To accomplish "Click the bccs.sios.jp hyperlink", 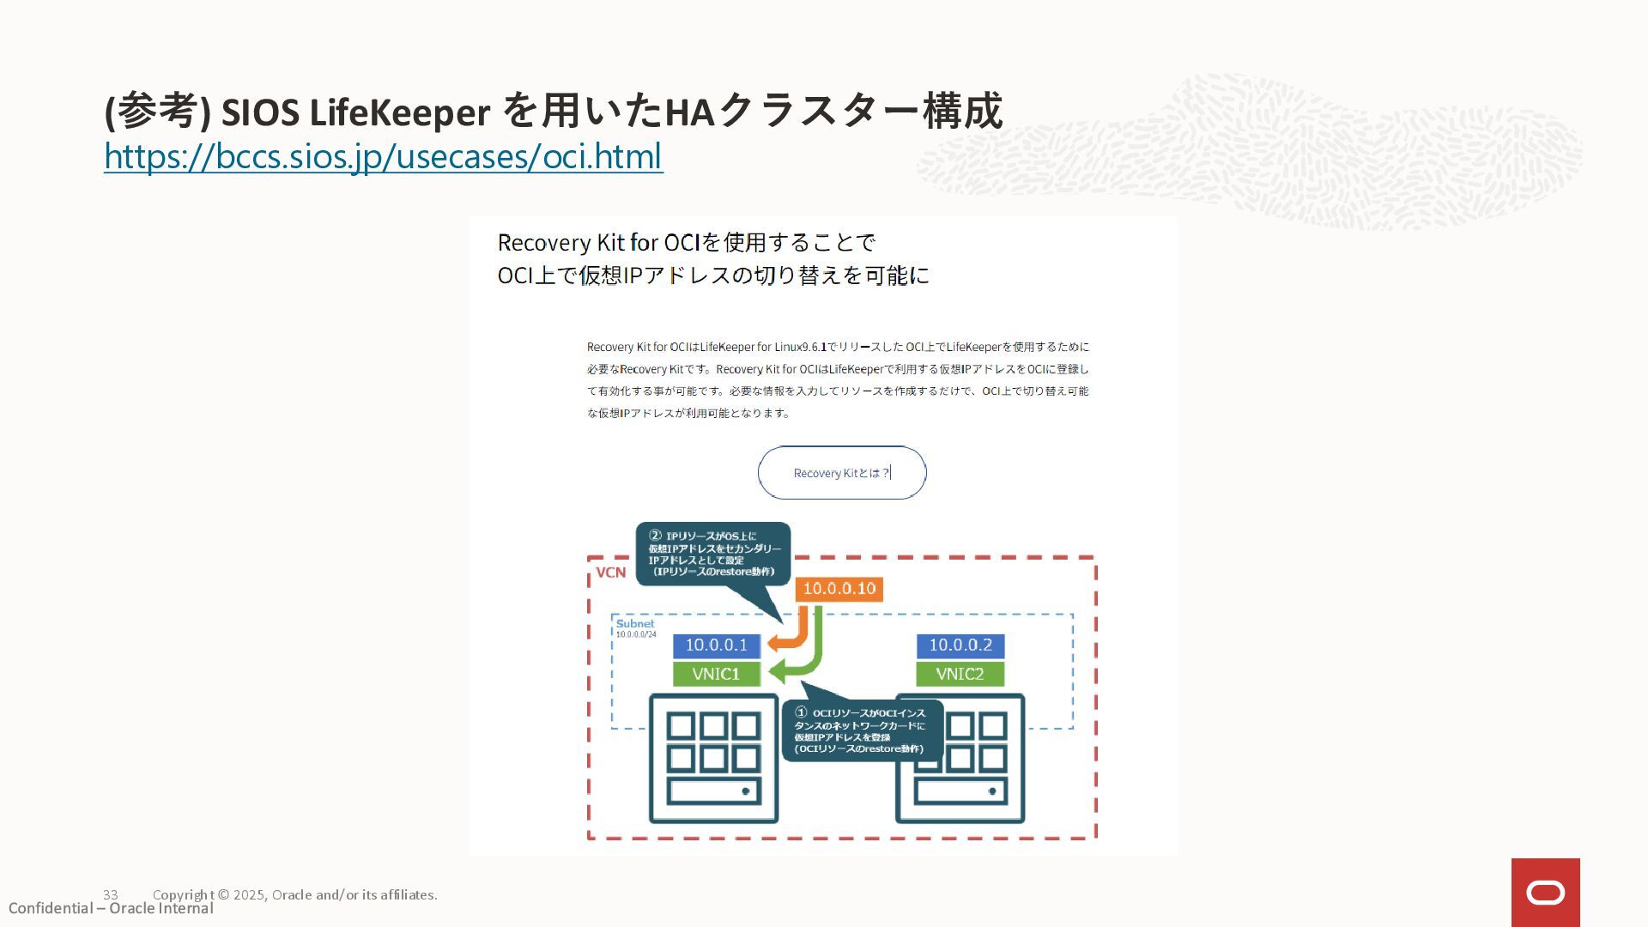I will point(383,156).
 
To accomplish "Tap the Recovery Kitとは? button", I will point(841,473).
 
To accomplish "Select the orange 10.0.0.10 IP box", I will point(839,589).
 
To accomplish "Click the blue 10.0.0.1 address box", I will point(716,645).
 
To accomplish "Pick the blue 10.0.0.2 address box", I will point(960,645).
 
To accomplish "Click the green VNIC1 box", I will point(716,674).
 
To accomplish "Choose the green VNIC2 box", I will point(960,674).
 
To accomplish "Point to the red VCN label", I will point(610,573).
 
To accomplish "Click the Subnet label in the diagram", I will point(634,624).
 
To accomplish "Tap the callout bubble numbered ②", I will point(712,554).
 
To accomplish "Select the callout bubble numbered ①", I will point(862,730).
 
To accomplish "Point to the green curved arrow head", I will point(779,672).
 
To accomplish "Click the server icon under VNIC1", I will point(713,759).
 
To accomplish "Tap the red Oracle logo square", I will point(1545,893).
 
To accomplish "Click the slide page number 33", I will point(111,894).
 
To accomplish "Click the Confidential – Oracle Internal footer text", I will point(111,909).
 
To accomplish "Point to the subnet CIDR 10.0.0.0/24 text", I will point(636,635).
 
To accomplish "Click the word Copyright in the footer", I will point(184,894).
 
